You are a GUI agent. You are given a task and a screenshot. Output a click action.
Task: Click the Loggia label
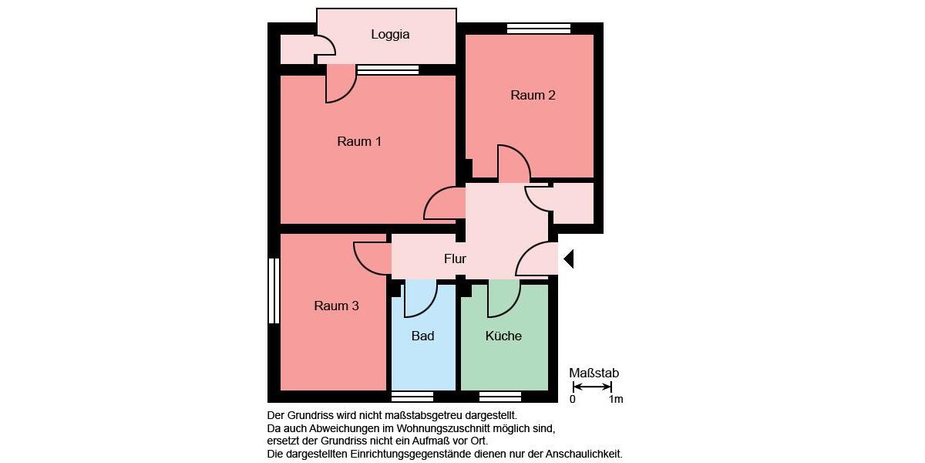click(390, 35)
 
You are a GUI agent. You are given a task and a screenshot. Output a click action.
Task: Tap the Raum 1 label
click(359, 142)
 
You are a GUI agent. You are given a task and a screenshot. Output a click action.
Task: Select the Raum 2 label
click(533, 96)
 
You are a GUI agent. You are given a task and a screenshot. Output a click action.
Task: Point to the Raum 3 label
click(336, 306)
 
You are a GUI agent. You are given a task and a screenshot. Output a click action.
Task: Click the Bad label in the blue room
click(422, 336)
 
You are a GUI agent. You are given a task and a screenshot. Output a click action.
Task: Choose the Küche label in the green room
click(503, 336)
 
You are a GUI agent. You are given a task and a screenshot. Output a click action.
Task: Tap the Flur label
click(455, 259)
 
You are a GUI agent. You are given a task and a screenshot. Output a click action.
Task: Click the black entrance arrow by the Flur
click(568, 259)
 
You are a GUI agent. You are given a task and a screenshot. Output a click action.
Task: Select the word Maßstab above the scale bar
click(594, 373)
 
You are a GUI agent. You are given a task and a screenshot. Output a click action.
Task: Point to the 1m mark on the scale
click(615, 400)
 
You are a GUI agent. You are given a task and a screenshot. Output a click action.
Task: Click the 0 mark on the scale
click(573, 400)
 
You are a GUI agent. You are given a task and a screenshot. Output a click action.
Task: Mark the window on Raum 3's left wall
click(273, 291)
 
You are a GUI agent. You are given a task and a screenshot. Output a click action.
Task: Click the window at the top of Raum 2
click(538, 29)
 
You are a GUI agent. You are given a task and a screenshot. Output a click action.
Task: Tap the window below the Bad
click(412, 397)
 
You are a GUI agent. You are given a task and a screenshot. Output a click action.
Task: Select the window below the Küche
click(500, 397)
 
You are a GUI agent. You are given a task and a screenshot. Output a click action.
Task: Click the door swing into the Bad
click(419, 300)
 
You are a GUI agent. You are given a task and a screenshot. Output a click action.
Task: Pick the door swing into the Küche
click(503, 300)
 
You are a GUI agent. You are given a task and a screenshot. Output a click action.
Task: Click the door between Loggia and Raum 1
click(340, 85)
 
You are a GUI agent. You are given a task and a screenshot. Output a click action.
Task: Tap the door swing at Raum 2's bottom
click(513, 164)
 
